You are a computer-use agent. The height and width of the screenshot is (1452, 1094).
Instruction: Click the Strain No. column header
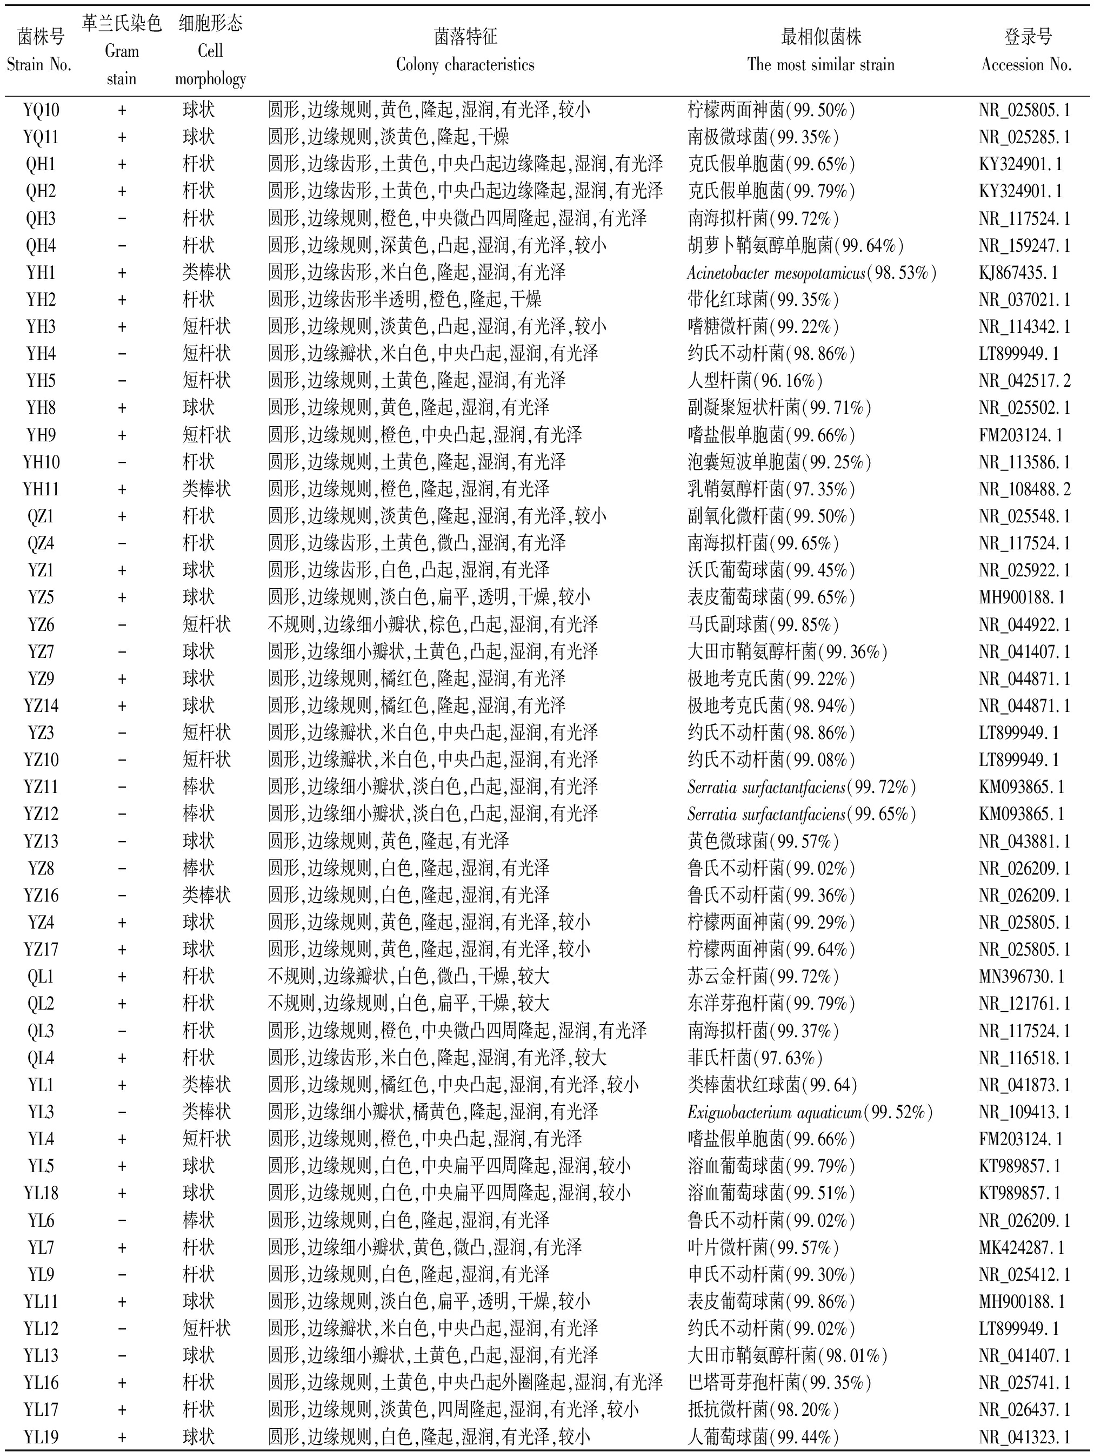(x=39, y=51)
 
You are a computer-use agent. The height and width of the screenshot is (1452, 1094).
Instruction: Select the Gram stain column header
(x=122, y=51)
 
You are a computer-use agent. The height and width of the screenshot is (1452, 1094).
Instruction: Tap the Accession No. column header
(x=1026, y=51)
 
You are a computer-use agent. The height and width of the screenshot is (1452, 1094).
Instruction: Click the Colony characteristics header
(x=465, y=51)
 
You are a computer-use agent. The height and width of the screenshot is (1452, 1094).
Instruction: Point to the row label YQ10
(x=41, y=110)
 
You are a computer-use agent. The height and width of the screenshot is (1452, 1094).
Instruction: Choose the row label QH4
(x=41, y=245)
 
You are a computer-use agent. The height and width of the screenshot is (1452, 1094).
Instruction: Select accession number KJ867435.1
(x=1018, y=272)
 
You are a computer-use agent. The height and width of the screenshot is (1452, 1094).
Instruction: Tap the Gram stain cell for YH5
(x=122, y=381)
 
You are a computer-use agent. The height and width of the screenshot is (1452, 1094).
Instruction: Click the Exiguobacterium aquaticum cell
(x=810, y=1112)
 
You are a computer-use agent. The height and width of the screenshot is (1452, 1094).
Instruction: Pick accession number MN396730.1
(x=1021, y=977)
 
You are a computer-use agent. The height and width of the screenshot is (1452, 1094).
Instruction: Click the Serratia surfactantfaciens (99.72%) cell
(x=801, y=787)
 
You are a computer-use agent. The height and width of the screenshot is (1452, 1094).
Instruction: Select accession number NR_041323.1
(x=1024, y=1437)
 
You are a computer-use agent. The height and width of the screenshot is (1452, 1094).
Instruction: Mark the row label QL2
(x=41, y=1004)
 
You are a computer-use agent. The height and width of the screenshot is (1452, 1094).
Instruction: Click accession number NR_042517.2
(x=1024, y=381)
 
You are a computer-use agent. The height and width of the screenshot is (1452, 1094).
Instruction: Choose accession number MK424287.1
(x=1021, y=1247)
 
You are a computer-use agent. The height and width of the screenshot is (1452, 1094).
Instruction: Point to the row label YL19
(x=41, y=1437)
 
